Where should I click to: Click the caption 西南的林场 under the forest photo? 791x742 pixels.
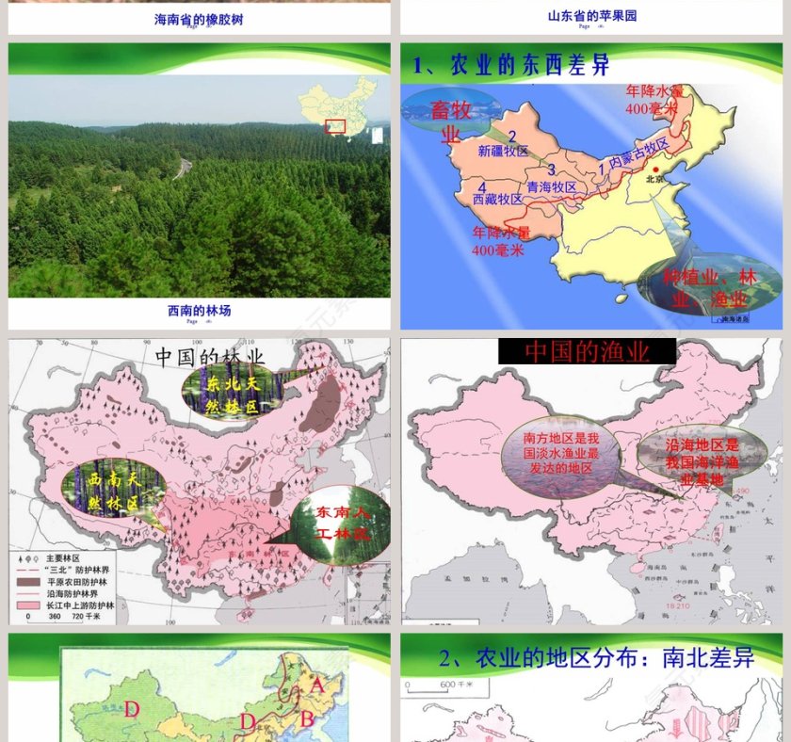click(199, 310)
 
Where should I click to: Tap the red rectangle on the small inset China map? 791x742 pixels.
click(335, 125)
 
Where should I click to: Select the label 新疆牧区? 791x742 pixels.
click(504, 151)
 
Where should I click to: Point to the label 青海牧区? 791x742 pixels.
click(552, 186)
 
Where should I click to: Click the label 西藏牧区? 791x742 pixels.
click(497, 200)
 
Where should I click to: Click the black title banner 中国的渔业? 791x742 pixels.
click(587, 352)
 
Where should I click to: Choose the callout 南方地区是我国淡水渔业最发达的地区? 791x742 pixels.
click(560, 453)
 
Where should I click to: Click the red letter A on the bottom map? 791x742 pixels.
click(317, 686)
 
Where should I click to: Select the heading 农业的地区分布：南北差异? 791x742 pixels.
click(597, 658)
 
